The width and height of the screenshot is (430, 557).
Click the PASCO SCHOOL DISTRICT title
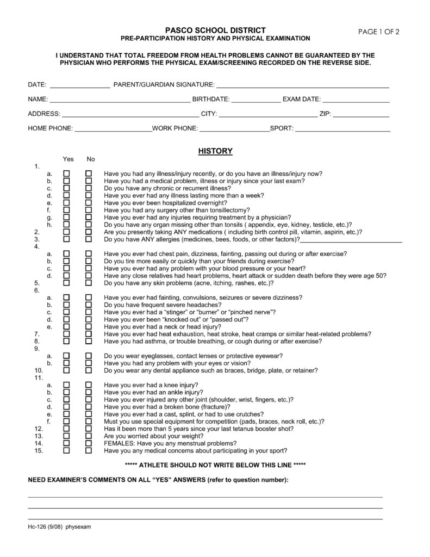coord(215,30)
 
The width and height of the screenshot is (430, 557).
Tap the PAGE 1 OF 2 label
coord(379,31)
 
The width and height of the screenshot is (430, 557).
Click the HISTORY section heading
coord(215,151)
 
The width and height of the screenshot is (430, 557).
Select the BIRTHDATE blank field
coord(256,100)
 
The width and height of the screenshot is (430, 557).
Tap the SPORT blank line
coord(342,129)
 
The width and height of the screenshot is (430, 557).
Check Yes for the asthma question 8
coord(66,342)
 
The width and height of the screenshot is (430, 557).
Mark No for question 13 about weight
coord(89,436)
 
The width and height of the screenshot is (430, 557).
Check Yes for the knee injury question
coord(66,385)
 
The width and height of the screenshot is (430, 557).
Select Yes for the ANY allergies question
coord(66,239)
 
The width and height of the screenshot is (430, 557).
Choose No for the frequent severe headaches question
coord(89,305)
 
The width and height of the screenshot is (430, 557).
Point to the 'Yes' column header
coord(68,159)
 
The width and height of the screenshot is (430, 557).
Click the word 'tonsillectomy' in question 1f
coord(230,210)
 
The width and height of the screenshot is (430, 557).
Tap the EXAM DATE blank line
coord(356,100)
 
